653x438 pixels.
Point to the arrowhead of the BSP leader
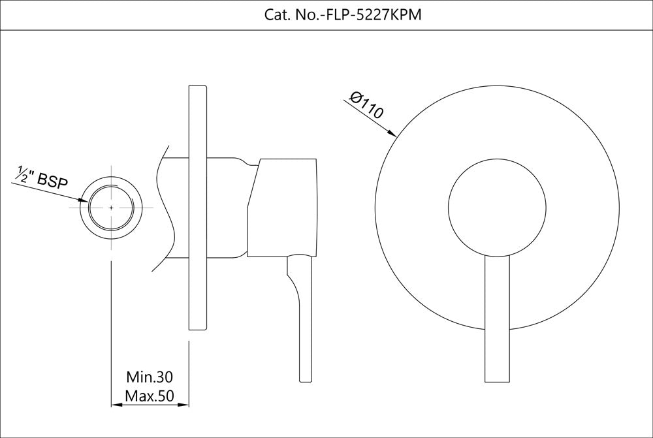pos(85,200)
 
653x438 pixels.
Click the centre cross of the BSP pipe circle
pos(112,207)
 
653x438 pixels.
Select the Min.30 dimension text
pos(149,377)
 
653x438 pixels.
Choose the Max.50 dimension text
pos(149,396)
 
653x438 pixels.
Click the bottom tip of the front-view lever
pos(497,381)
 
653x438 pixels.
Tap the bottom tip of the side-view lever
pos(306,379)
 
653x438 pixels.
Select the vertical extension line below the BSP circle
pos(112,326)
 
